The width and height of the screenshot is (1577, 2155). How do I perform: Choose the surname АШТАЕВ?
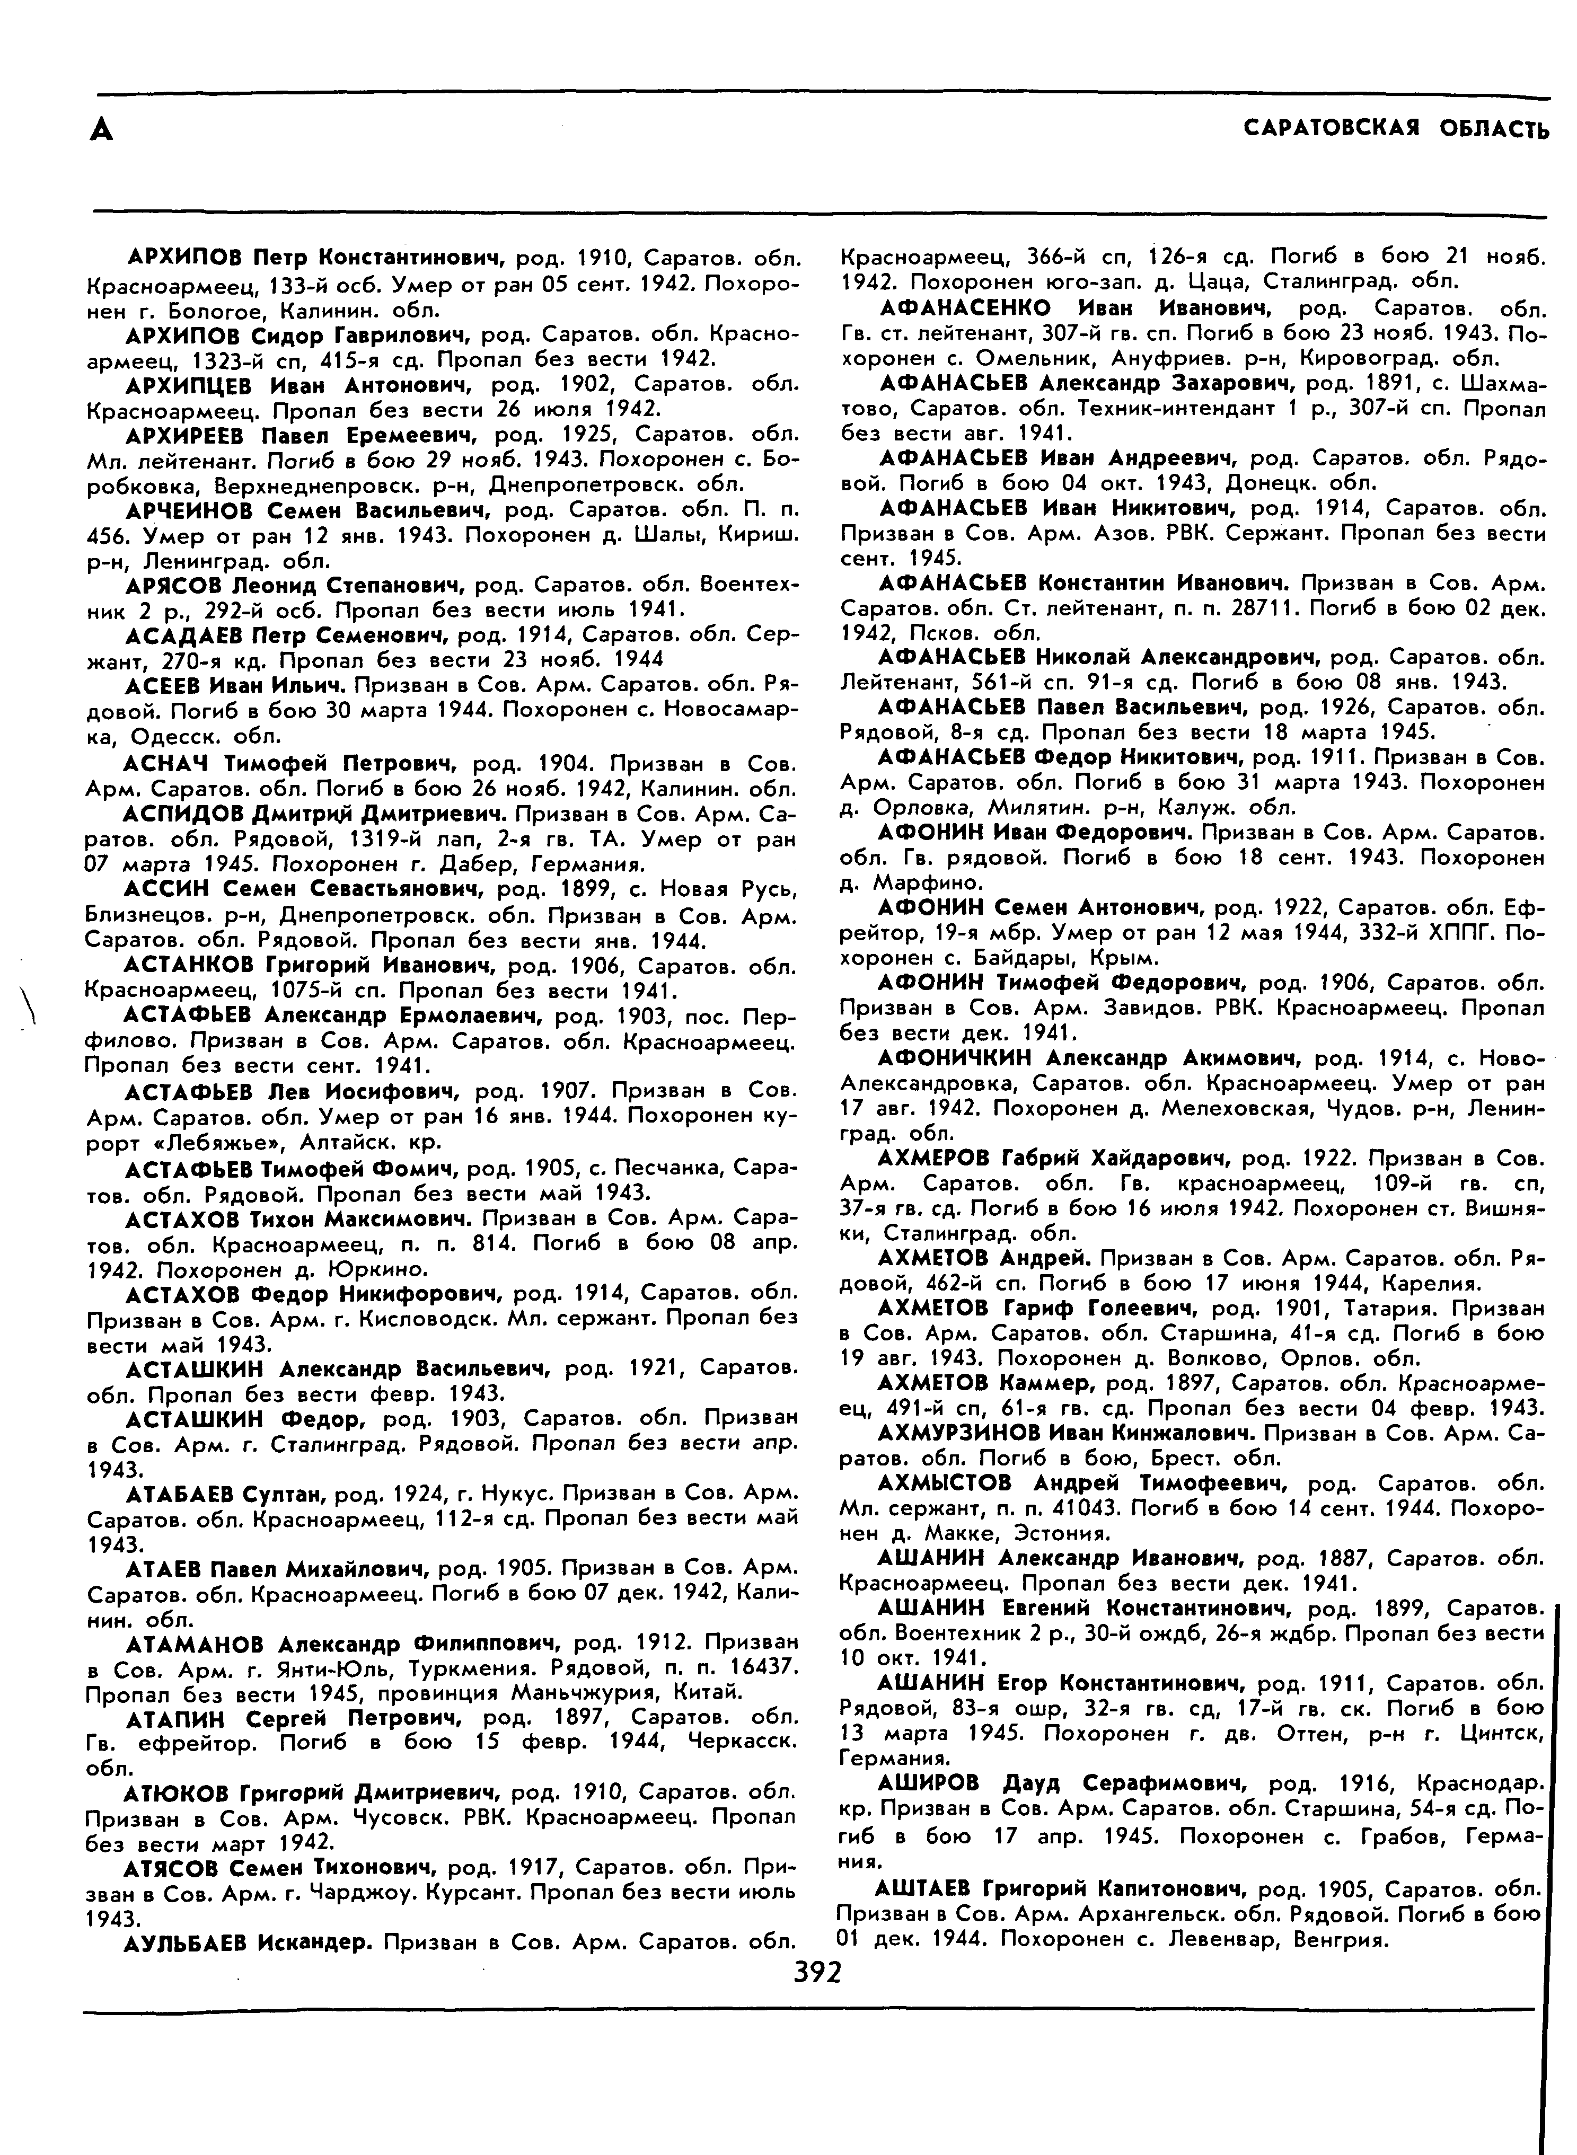coord(925,1887)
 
